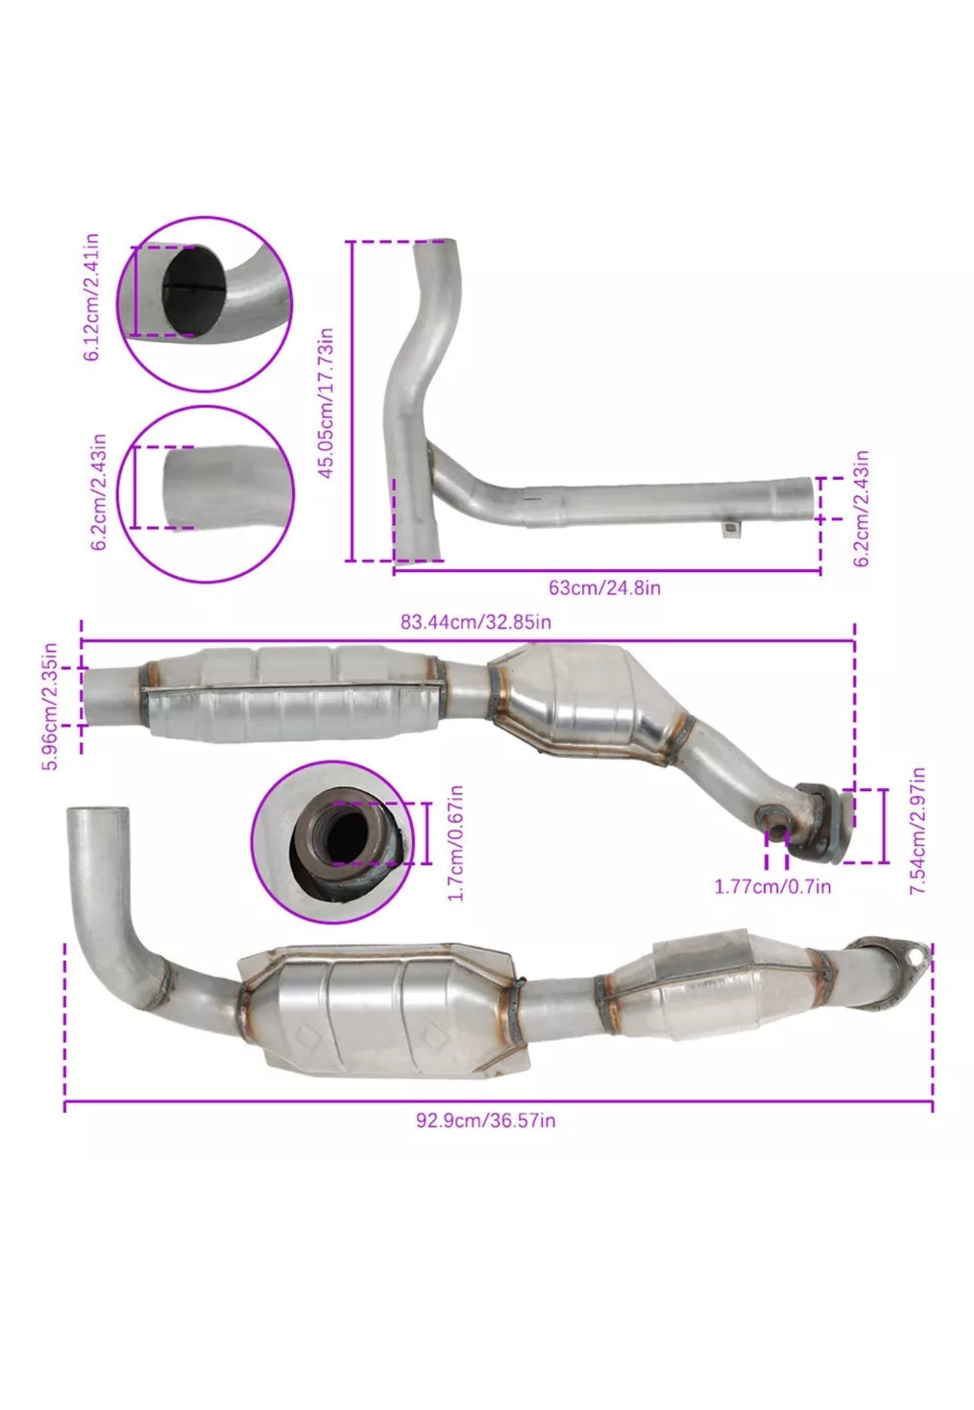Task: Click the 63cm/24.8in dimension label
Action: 604,587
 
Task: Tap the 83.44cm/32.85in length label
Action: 476,622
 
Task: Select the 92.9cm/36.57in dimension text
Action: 485,1119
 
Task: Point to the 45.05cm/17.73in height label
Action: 325,402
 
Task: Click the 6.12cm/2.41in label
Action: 91,297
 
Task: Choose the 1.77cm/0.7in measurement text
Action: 772,885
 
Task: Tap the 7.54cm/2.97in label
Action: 918,831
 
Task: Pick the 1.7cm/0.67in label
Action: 455,842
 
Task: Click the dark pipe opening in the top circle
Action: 193,291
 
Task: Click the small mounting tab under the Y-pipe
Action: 731,529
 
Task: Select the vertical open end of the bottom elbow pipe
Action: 97,816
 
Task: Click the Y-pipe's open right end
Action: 810,498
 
